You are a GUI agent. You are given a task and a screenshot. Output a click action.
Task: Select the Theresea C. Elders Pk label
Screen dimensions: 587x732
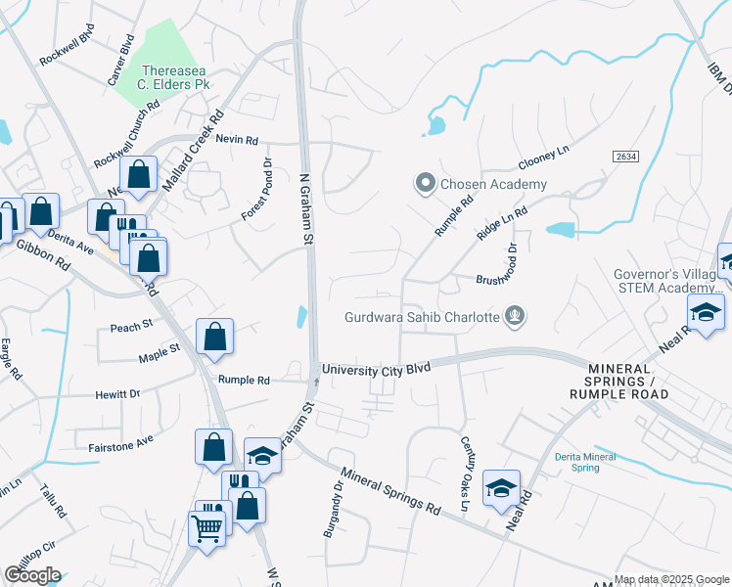[175, 77]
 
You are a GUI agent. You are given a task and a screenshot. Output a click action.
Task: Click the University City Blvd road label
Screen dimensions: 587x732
[376, 369]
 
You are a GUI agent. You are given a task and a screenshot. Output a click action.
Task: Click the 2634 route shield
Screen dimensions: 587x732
[626, 157]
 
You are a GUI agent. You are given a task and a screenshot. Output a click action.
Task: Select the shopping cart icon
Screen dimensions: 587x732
[207, 527]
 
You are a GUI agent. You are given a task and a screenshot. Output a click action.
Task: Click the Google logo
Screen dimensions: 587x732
[32, 575]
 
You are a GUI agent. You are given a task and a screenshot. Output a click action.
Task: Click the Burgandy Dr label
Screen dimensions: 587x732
[334, 509]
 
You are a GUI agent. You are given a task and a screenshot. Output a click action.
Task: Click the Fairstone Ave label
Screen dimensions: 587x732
[121, 441]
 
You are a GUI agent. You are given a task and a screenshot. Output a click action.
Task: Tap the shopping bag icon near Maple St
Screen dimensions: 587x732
[215, 338]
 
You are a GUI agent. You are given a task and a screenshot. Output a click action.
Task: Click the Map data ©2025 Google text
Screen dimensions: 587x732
[670, 579]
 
